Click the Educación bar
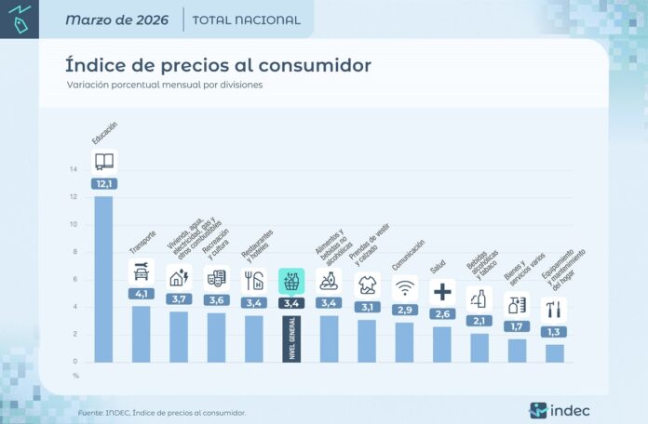(x=103, y=278)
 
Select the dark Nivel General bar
(x=291, y=338)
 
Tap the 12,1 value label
(x=103, y=184)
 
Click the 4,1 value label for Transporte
(x=141, y=295)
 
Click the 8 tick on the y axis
(x=74, y=252)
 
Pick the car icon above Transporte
(x=141, y=272)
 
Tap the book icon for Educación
(x=104, y=161)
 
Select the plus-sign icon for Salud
(x=442, y=292)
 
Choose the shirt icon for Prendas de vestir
(x=367, y=283)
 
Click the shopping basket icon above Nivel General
(x=291, y=280)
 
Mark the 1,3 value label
(x=554, y=332)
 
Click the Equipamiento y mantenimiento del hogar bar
(x=554, y=352)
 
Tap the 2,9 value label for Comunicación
(x=404, y=309)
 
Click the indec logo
(x=559, y=410)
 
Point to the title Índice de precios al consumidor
(x=218, y=65)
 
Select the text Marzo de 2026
(x=117, y=20)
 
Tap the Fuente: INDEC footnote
(x=162, y=412)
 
